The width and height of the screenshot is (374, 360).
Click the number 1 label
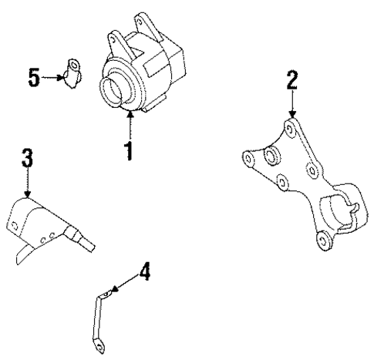tap(130, 147)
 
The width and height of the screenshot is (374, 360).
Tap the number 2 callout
tap(291, 79)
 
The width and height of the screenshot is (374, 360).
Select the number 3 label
tap(27, 160)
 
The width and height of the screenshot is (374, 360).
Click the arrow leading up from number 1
tap(130, 123)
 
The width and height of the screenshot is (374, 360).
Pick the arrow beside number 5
tap(54, 77)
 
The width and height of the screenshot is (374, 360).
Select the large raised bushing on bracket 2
tap(271, 158)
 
